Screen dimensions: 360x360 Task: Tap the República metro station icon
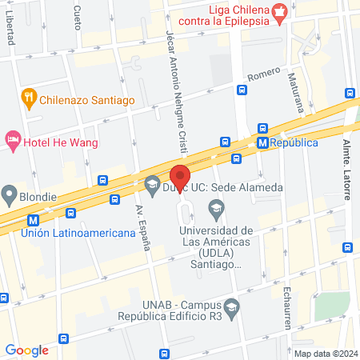(x=262, y=142)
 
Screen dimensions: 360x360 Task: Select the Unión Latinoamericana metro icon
(x=33, y=218)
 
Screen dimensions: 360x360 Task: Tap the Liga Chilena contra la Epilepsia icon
(x=279, y=11)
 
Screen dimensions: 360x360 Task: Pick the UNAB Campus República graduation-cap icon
(x=231, y=306)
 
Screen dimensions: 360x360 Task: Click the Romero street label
(x=263, y=74)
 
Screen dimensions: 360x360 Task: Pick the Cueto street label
(x=77, y=14)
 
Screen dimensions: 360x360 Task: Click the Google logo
(x=26, y=349)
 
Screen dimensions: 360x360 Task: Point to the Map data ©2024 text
(x=325, y=354)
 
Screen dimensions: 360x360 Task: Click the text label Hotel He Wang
(x=61, y=142)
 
